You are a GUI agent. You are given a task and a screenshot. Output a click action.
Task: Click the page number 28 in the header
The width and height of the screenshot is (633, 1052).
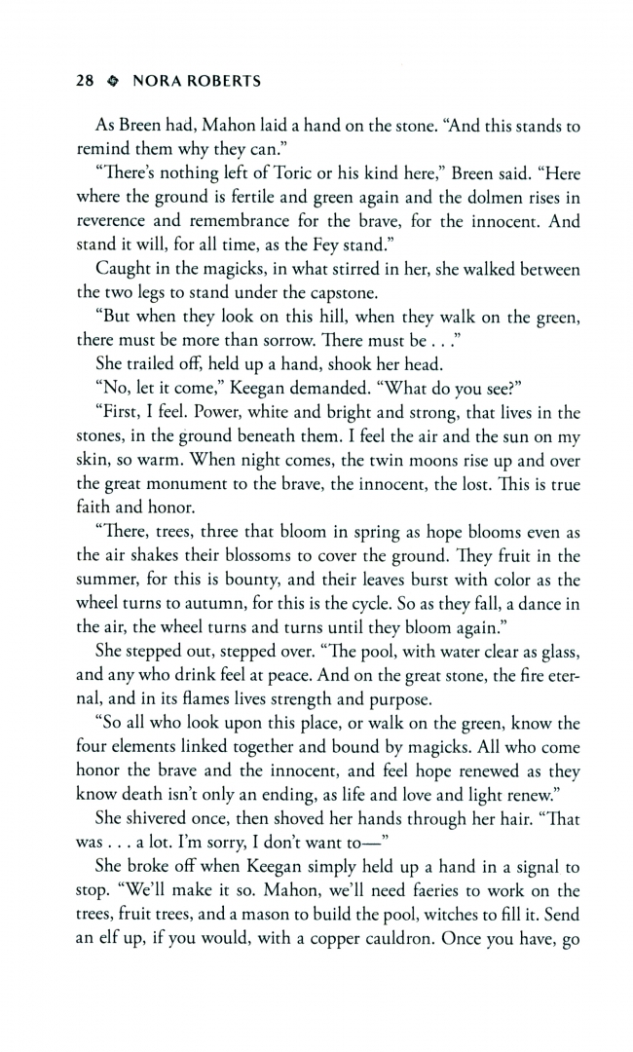[86, 82]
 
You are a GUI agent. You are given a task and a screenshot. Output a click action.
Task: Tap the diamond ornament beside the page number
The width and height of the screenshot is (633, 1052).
[113, 83]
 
